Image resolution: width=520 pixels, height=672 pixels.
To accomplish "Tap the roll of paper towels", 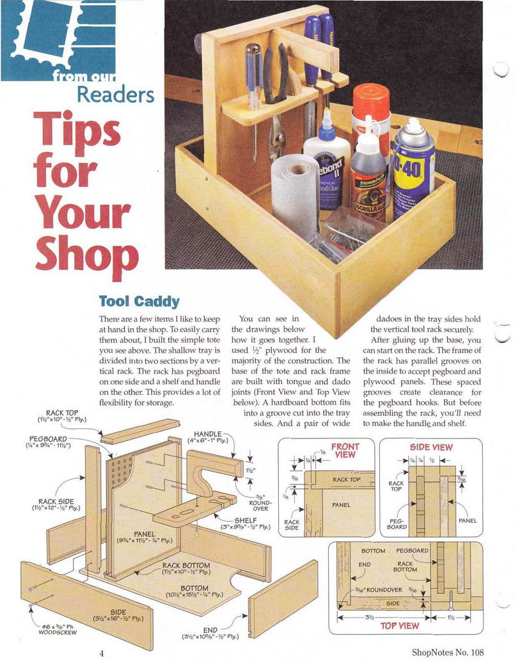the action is (x=295, y=191).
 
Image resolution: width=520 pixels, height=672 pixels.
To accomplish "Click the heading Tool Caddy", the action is (x=139, y=301).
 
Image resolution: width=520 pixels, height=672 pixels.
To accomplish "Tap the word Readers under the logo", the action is (x=116, y=94).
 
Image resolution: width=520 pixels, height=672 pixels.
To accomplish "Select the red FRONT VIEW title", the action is (x=345, y=450).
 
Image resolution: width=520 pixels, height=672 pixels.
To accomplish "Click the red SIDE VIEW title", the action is (x=431, y=447).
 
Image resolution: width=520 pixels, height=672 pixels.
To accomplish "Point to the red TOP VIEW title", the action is (x=400, y=626).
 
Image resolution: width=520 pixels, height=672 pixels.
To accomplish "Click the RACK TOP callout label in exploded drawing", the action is (x=62, y=416).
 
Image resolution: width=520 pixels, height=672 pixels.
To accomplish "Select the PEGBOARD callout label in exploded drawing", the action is (x=48, y=442).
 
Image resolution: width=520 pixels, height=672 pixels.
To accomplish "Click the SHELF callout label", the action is (x=246, y=523).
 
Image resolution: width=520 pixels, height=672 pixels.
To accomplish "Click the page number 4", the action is (x=102, y=653).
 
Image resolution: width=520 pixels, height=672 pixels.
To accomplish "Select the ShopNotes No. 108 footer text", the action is (x=448, y=653).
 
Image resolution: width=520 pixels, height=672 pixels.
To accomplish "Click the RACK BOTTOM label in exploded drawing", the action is (x=186, y=568).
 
